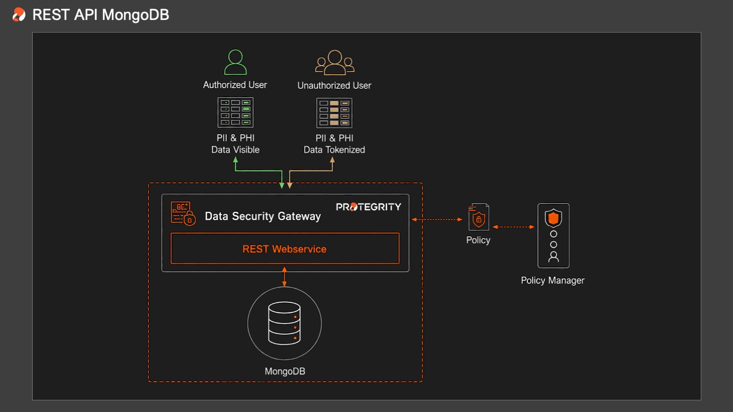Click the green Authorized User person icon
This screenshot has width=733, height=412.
(235, 62)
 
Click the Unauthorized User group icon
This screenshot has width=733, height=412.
(334, 62)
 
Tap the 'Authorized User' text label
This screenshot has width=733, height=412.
(235, 84)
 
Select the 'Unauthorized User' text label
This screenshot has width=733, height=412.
(334, 85)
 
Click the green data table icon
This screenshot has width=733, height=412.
(236, 112)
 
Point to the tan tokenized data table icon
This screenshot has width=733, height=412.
(334, 113)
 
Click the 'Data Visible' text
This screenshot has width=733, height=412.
(235, 150)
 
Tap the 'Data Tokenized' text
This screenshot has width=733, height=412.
(334, 150)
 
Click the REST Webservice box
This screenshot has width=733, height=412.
(285, 248)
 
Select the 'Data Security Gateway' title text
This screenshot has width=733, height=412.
(263, 216)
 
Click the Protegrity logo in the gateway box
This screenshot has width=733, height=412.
(368, 207)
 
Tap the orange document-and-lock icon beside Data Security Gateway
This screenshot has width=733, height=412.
(183, 213)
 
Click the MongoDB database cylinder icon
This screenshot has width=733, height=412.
(284, 323)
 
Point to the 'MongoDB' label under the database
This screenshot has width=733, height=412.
(285, 371)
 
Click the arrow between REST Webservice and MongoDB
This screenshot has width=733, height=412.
(284, 277)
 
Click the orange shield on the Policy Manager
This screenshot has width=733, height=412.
(553, 218)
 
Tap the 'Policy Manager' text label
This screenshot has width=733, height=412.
(553, 280)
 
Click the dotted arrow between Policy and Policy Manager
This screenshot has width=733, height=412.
(514, 227)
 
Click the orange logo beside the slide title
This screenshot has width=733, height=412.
(19, 15)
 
